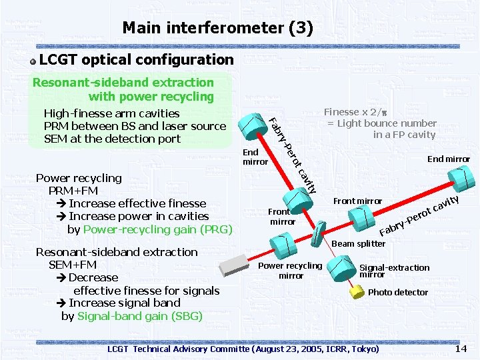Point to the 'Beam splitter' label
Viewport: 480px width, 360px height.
[359, 243]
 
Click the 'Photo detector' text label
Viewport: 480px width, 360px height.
[398, 292]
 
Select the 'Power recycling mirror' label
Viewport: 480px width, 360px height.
[290, 271]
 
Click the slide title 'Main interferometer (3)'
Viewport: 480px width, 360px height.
[217, 28]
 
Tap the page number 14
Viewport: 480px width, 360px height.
[461, 349]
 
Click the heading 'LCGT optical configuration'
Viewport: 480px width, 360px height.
[137, 60]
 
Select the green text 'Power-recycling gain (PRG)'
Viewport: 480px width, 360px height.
[157, 229]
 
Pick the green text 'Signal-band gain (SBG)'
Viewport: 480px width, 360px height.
[140, 316]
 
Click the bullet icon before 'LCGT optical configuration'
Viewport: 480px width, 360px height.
[32, 61]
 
